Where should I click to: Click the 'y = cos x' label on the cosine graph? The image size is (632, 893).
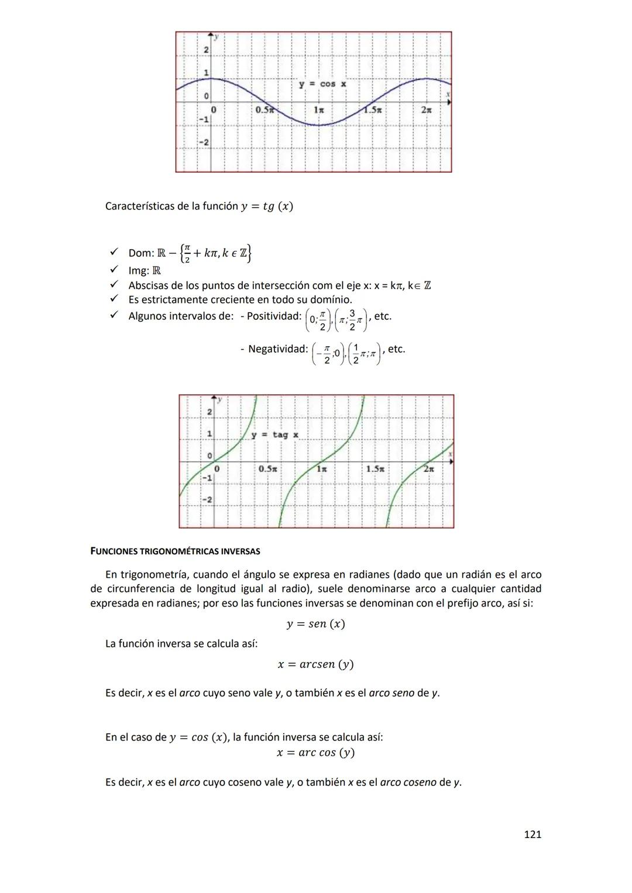(322, 84)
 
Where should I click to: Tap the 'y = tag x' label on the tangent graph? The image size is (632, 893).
(275, 435)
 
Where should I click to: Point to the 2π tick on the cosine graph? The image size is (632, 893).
(427, 110)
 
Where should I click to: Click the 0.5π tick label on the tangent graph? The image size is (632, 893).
(267, 469)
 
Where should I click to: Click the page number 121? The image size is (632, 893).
(532, 835)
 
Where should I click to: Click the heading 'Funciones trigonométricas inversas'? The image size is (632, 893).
(176, 551)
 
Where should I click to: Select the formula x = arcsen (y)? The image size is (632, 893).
(315, 664)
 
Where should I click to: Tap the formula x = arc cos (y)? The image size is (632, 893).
(315, 753)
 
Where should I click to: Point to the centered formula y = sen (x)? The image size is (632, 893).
(315, 624)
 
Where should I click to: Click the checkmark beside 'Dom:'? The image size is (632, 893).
(114, 253)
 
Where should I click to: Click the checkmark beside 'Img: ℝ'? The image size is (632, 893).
(114, 270)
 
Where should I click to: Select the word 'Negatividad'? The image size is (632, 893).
(277, 349)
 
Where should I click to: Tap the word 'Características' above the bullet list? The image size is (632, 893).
(139, 206)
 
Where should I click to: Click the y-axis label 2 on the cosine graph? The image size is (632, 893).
(206, 50)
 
